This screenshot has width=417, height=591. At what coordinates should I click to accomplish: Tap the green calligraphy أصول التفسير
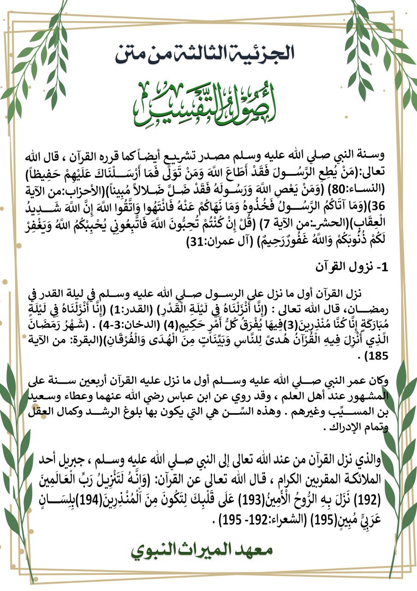point(208,101)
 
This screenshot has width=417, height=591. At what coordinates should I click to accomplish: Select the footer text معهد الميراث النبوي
point(209,551)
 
